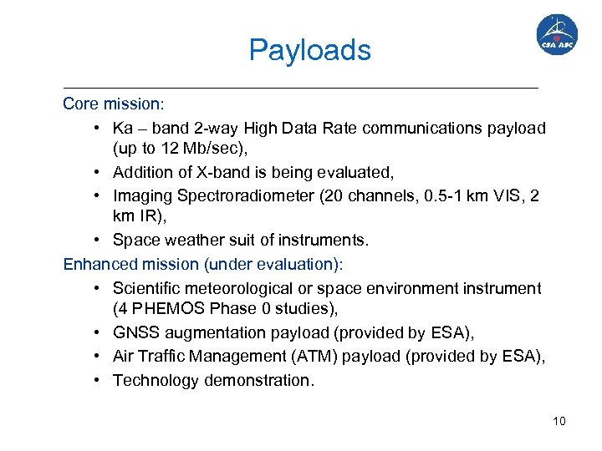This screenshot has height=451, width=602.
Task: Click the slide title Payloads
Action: tap(309, 50)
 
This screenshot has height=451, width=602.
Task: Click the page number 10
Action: tap(559, 420)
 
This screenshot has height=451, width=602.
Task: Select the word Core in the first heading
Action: tap(81, 104)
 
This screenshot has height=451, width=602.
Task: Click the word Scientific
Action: tap(146, 288)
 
